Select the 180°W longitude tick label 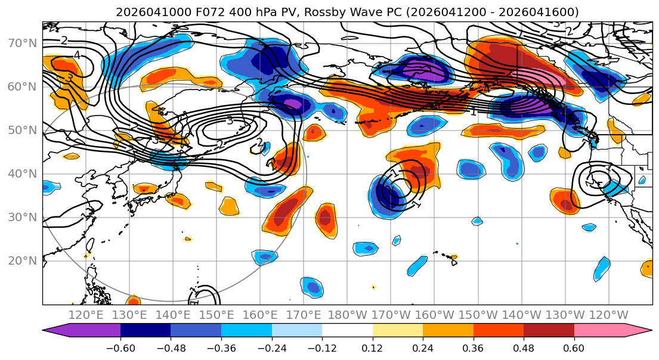click(x=347, y=315)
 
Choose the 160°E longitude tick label click(x=260, y=315)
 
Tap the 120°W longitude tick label click(x=608, y=315)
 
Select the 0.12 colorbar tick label click(x=372, y=346)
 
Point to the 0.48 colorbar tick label click(x=524, y=346)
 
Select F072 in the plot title click(x=191, y=12)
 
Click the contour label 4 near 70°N click(x=77, y=55)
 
